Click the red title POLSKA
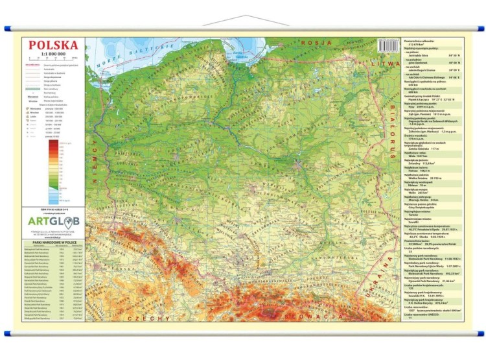click(53, 45)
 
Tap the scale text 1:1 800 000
click(53, 53)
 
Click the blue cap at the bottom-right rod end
click(480, 333)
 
